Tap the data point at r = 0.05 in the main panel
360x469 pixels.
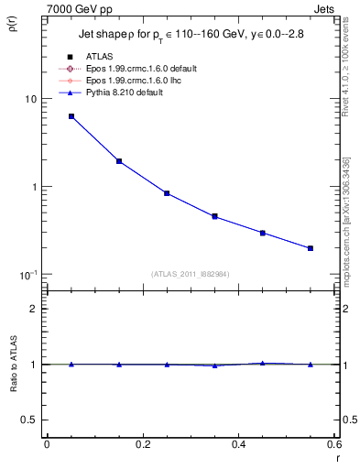coord(71,116)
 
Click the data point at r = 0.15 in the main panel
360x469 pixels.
coord(119,161)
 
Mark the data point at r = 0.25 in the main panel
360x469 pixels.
coord(167,193)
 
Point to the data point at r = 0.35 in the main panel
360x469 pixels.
coord(214,216)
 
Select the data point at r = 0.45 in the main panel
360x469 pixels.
coord(263,233)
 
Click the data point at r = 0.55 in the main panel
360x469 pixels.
coord(311,248)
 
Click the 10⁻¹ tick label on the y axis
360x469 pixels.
coord(27,275)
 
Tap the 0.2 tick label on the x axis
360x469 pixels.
coord(142,444)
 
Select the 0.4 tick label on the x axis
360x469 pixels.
coord(238,444)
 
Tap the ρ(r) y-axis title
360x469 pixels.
coord(11,27)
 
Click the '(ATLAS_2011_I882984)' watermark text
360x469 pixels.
coord(191,274)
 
